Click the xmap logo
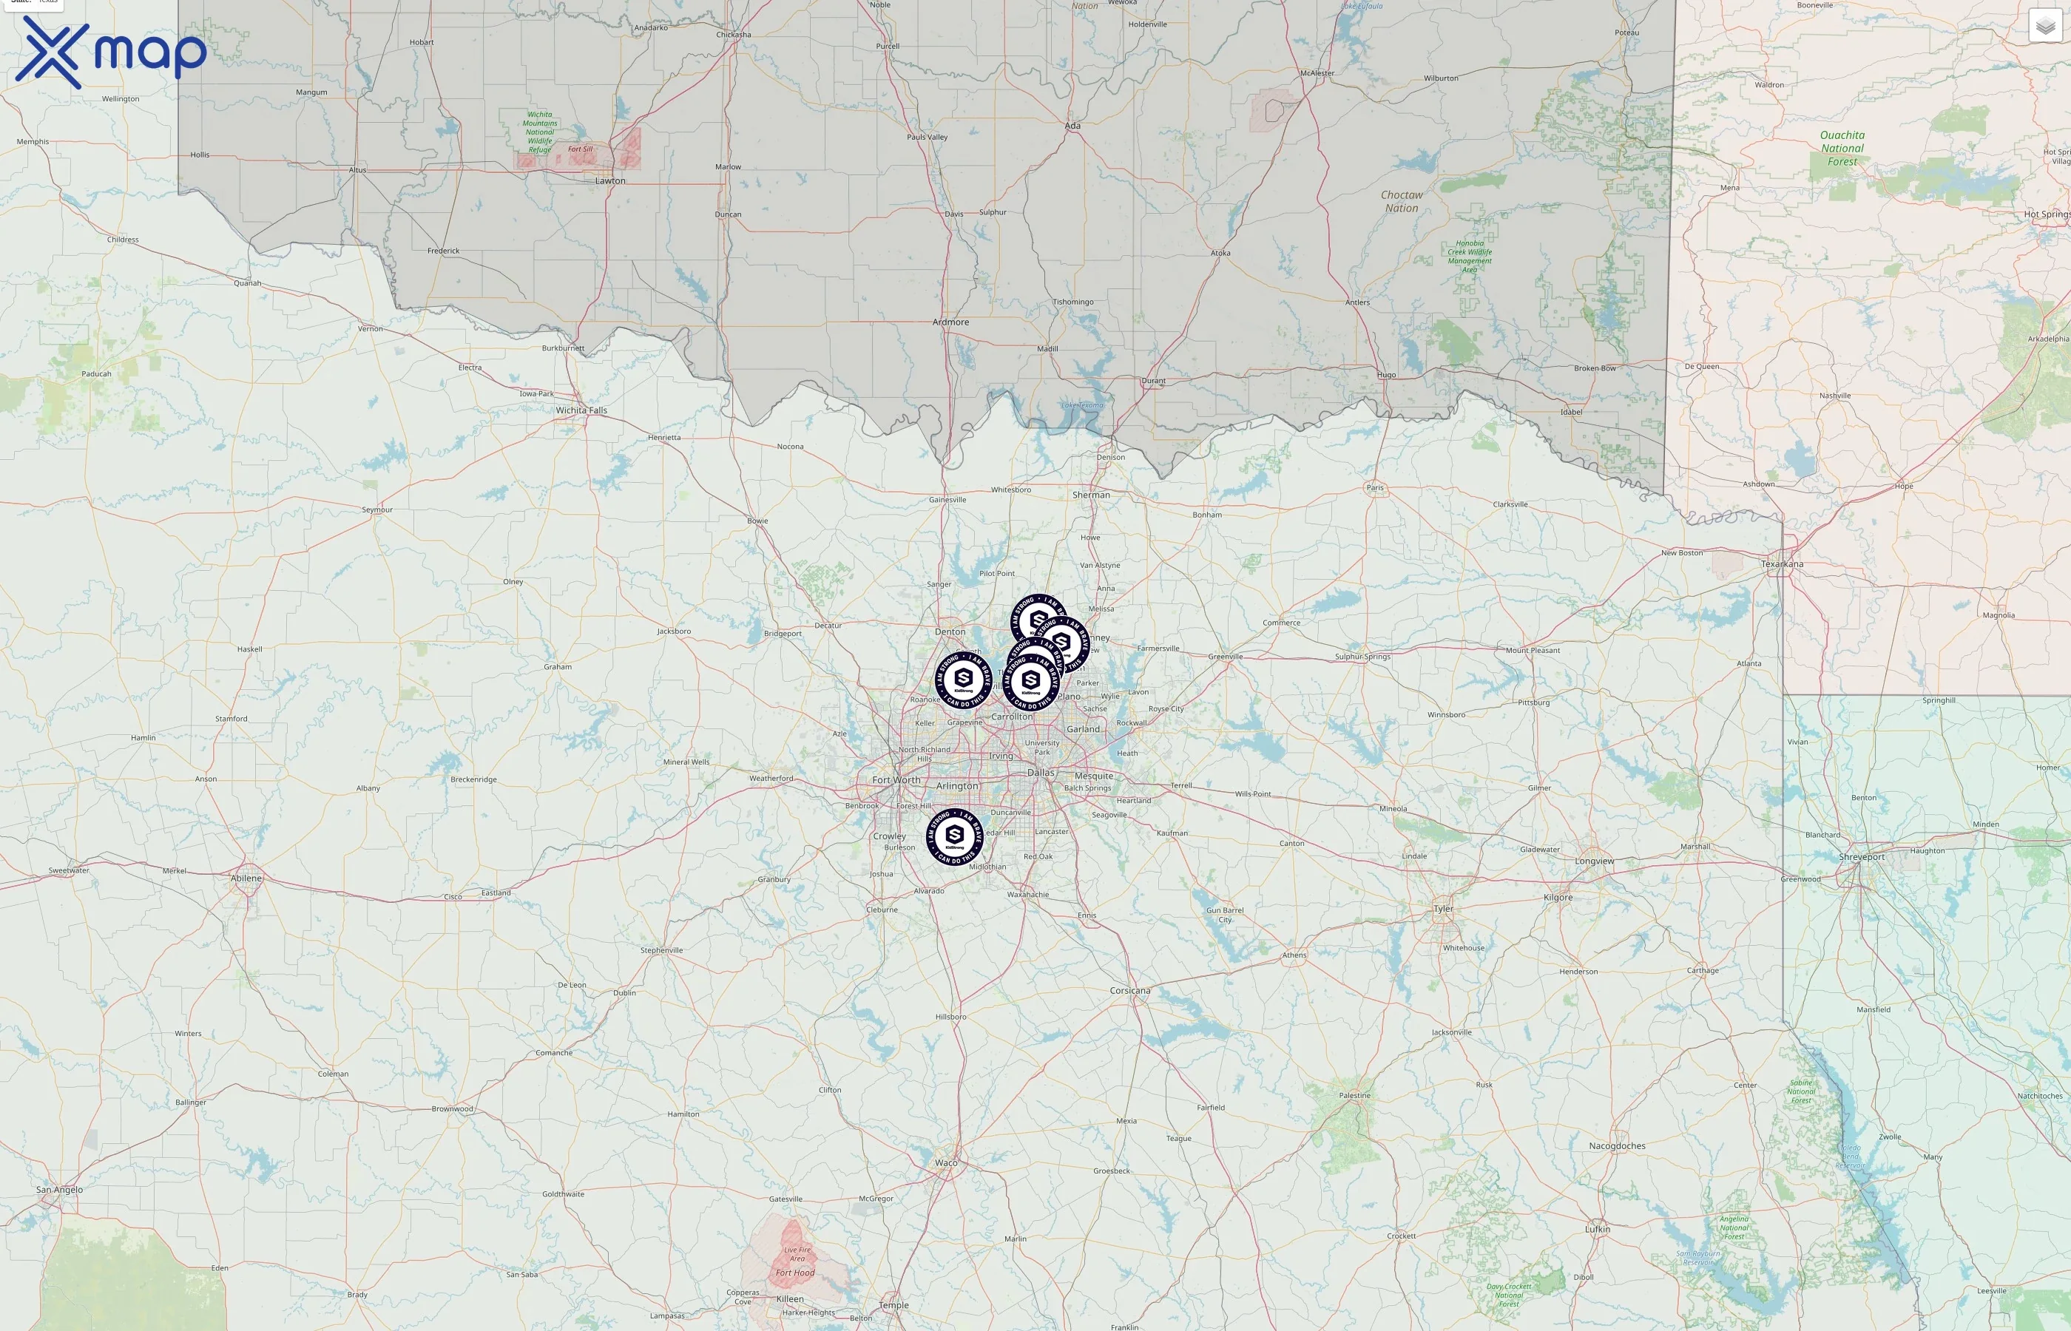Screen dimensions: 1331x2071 (111, 53)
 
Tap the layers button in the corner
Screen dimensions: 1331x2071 (2044, 26)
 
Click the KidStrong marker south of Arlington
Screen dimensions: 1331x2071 (954, 836)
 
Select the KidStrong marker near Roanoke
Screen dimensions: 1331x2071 (963, 680)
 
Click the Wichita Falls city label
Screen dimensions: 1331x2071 (581, 410)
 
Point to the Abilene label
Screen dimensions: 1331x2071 (246, 878)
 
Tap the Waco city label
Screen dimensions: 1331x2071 (947, 1163)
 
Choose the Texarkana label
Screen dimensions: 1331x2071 (1783, 564)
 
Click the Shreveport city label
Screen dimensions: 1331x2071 (1862, 857)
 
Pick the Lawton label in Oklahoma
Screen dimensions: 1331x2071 (610, 181)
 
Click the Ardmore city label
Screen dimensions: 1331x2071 (950, 322)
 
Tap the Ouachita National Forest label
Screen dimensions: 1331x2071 (1842, 148)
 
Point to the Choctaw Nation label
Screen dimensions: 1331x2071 (1401, 201)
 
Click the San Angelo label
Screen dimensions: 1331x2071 (60, 1190)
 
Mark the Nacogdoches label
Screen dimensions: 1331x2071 (1616, 1146)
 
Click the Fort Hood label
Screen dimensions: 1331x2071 (795, 1273)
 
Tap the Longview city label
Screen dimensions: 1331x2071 (1594, 861)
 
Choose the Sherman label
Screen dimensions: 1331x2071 (1091, 495)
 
